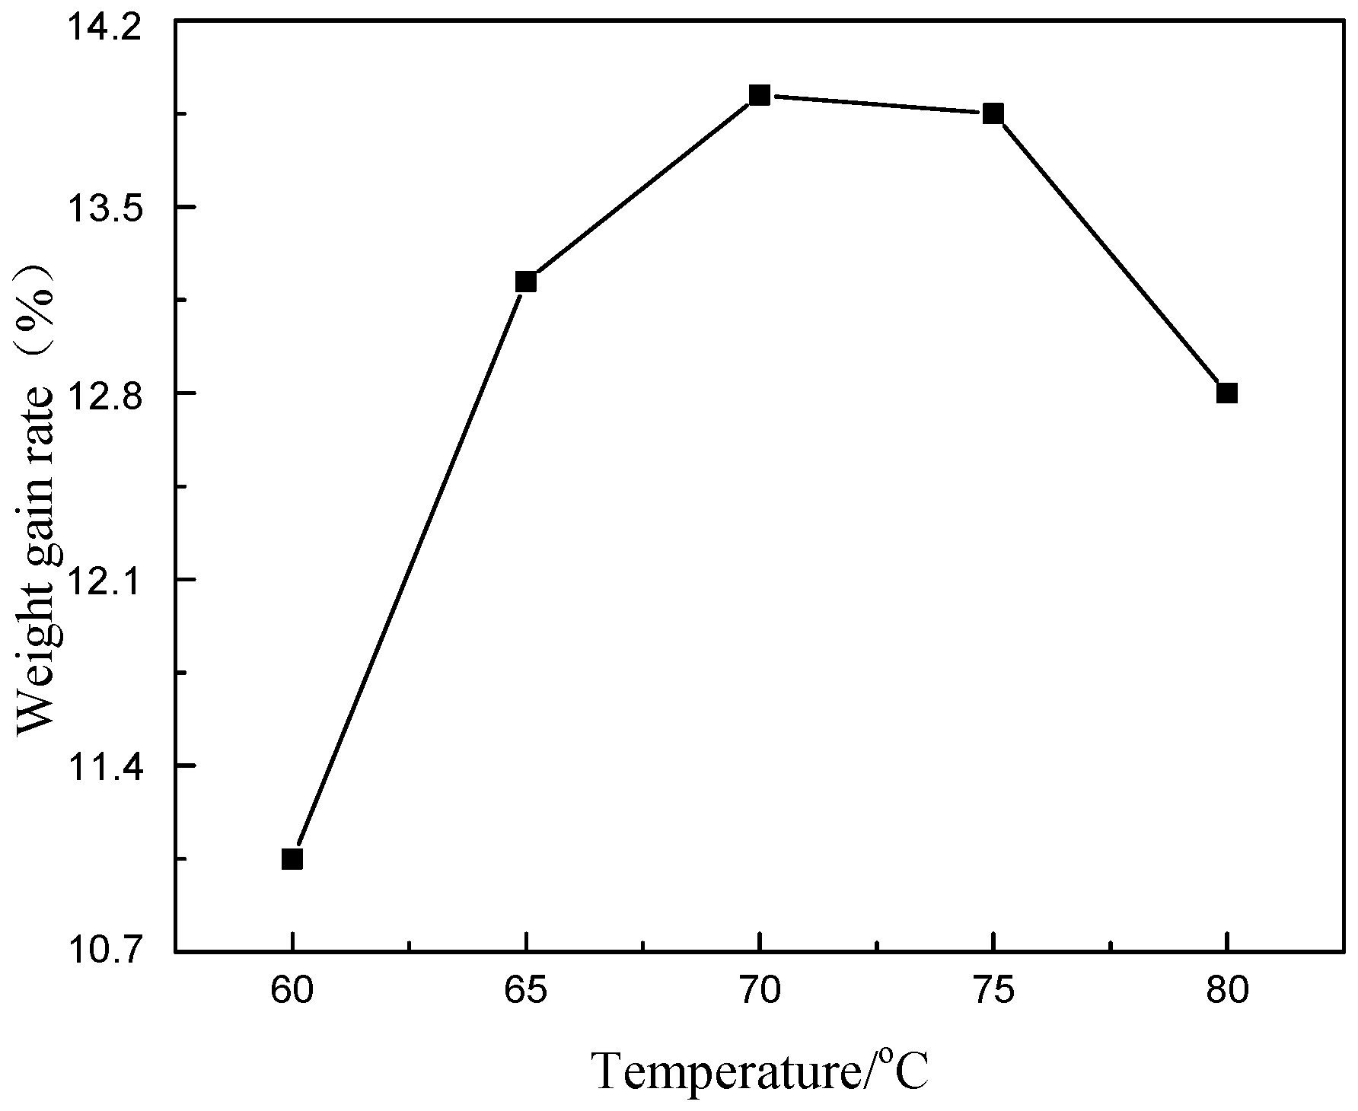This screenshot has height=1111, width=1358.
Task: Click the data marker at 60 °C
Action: coord(292,859)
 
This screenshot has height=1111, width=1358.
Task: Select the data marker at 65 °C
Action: coord(526,282)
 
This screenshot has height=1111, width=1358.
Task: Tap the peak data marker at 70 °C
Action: coord(760,95)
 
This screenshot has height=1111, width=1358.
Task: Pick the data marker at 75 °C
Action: coord(993,114)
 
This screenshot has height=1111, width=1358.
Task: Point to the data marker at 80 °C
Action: coord(1227,393)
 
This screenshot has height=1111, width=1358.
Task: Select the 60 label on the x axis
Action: coord(292,992)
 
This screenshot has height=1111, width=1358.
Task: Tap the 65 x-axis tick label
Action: coord(526,992)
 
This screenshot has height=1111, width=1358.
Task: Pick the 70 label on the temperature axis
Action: coord(760,992)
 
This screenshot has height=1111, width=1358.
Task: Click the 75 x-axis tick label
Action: coord(993,992)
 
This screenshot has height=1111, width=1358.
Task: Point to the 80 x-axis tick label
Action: coord(1227,992)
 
